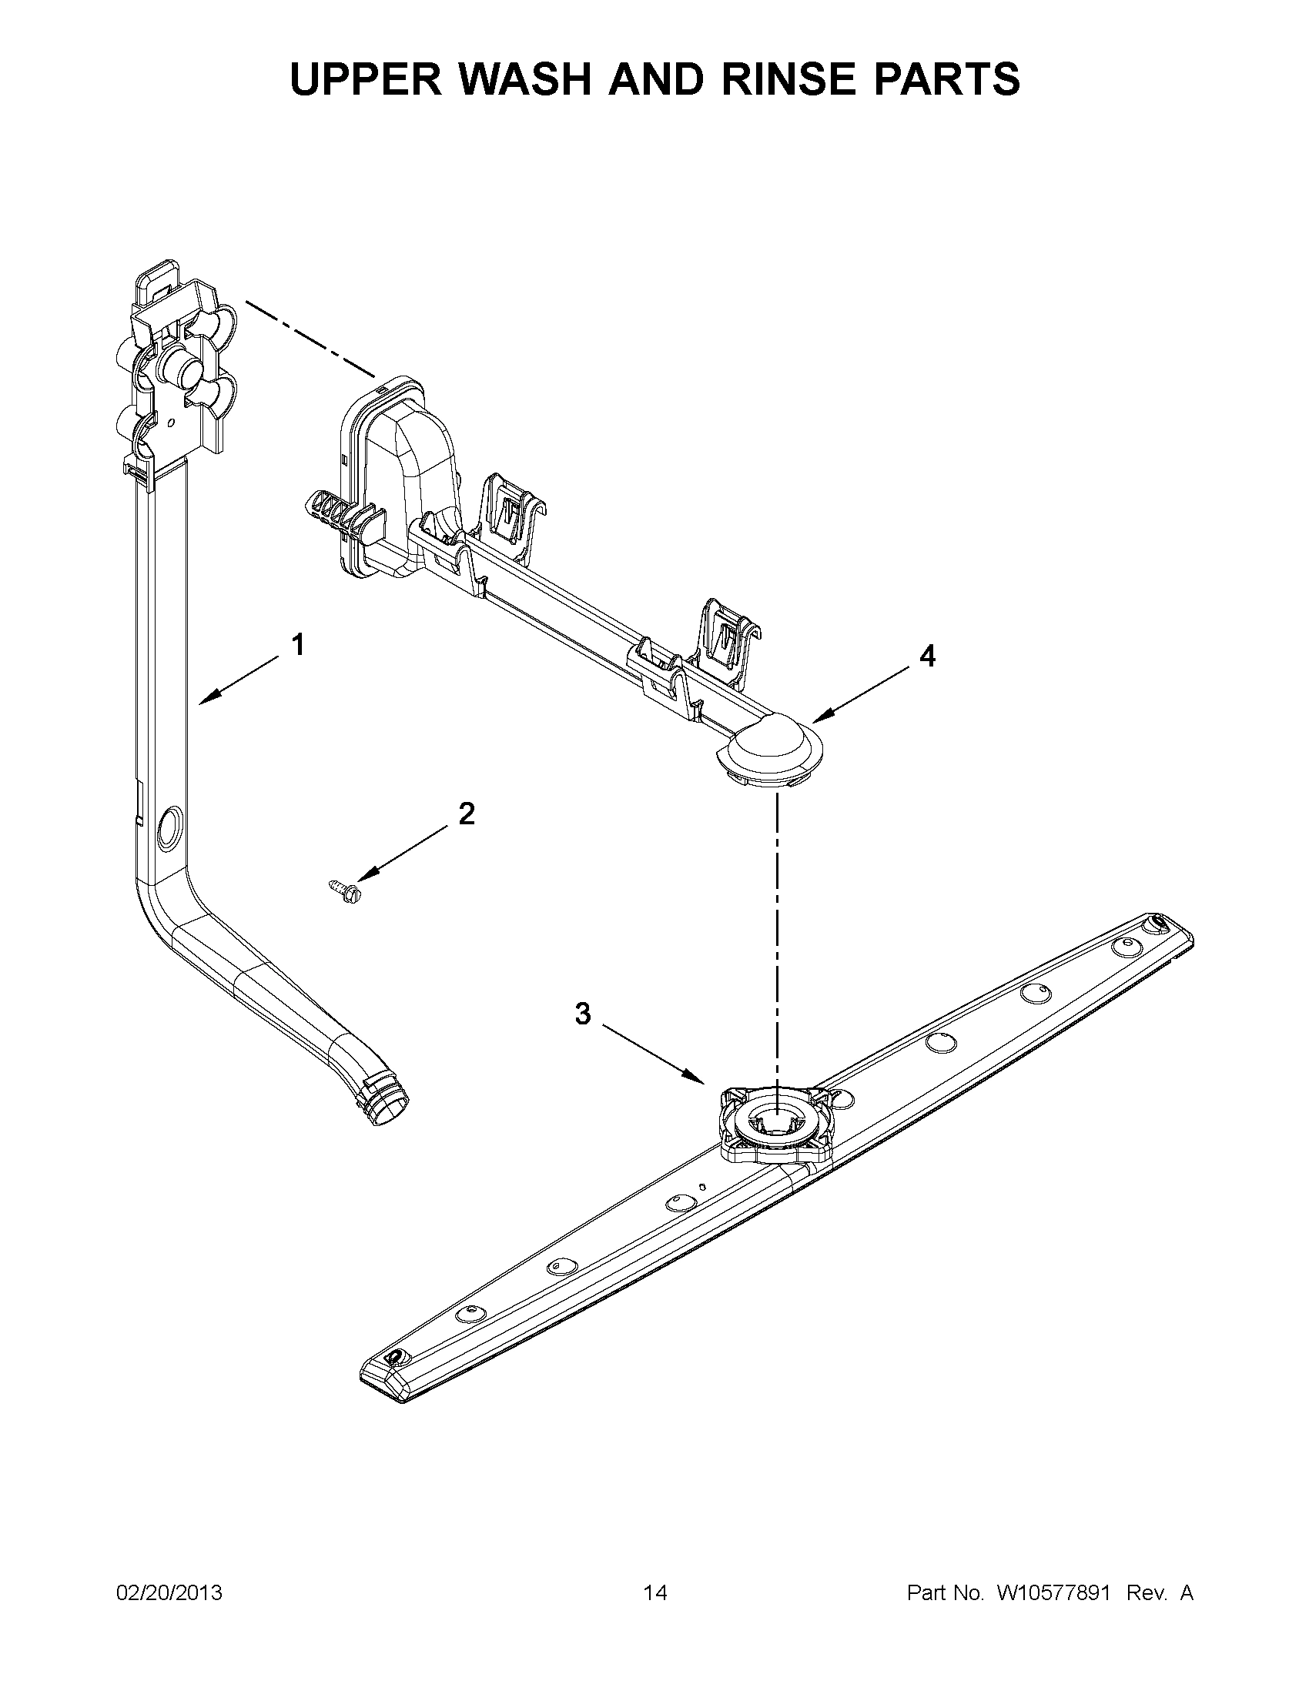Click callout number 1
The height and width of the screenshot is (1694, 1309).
[297, 645]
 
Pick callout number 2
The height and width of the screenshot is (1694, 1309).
[466, 814]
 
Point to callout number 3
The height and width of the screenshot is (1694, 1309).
[582, 1013]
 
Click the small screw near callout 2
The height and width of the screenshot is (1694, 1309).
[346, 887]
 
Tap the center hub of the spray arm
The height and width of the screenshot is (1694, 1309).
[776, 1122]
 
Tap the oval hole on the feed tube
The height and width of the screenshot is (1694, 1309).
[167, 830]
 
